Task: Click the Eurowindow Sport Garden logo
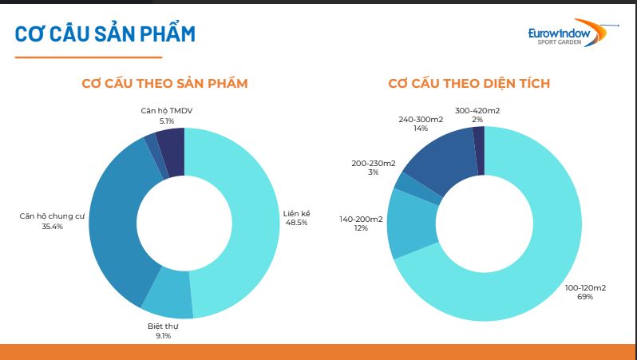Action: [x=573, y=33]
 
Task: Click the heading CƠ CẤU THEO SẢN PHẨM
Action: [x=164, y=83]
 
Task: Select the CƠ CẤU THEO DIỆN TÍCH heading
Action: [x=469, y=83]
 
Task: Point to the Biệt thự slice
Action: [x=168, y=295]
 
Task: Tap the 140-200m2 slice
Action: [x=410, y=224]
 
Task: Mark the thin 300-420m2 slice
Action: [x=479, y=150]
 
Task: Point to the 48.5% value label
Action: [x=297, y=223]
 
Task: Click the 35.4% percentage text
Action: [x=53, y=227]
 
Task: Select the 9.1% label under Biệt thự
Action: [x=163, y=335]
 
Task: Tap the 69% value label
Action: [x=585, y=297]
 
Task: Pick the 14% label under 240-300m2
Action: [x=421, y=129]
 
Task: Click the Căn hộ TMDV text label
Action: [x=167, y=110]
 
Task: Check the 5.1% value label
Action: [x=167, y=121]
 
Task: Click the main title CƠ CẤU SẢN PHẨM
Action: [x=105, y=34]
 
